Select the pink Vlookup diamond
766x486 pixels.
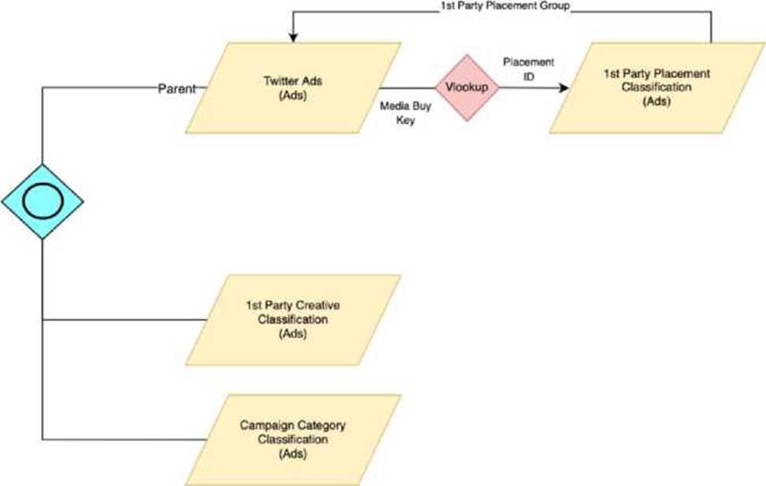pyautogui.click(x=468, y=87)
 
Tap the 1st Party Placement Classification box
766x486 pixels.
pyautogui.click(x=656, y=87)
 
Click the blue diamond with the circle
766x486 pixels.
pyautogui.click(x=42, y=202)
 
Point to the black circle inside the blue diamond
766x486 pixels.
pyautogui.click(x=42, y=202)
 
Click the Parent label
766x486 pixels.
pyautogui.click(x=176, y=89)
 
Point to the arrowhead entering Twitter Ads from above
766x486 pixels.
pyautogui.click(x=293, y=35)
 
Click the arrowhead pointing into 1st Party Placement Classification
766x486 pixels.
pyautogui.click(x=563, y=87)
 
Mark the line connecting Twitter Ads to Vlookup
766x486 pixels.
pyautogui.click(x=413, y=87)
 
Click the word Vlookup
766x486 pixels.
pyautogui.click(x=468, y=87)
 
